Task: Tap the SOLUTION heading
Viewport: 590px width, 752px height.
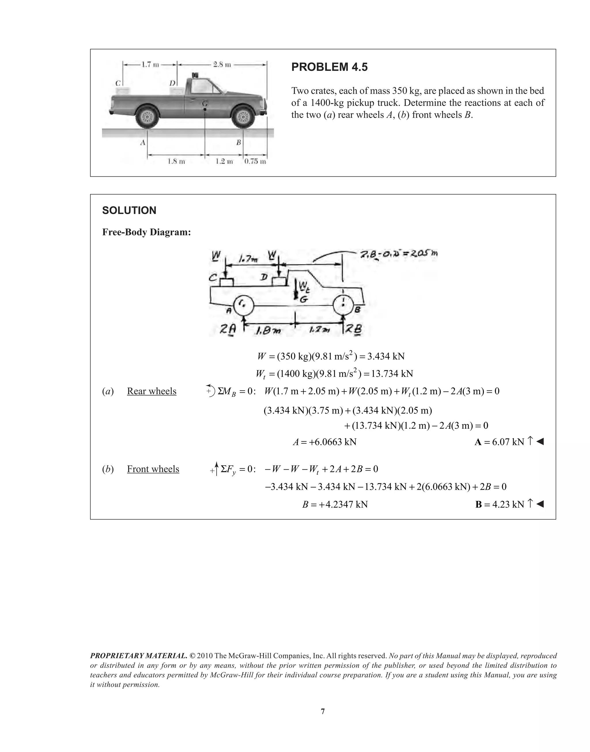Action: [x=129, y=210]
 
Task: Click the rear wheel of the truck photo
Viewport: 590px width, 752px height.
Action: [x=147, y=118]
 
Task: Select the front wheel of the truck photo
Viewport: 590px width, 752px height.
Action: [x=243, y=118]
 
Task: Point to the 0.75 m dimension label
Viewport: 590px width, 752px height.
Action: [x=255, y=162]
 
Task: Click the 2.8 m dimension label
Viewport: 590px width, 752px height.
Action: [x=222, y=65]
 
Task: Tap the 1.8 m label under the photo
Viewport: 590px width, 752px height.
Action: [x=176, y=161]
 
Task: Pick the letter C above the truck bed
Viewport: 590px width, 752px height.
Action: [x=118, y=83]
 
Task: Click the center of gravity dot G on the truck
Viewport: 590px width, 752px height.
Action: [x=205, y=109]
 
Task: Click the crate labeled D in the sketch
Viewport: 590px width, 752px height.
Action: [x=278, y=281]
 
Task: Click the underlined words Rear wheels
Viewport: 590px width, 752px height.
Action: [x=152, y=391]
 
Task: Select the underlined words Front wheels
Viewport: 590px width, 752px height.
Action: [x=153, y=469]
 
